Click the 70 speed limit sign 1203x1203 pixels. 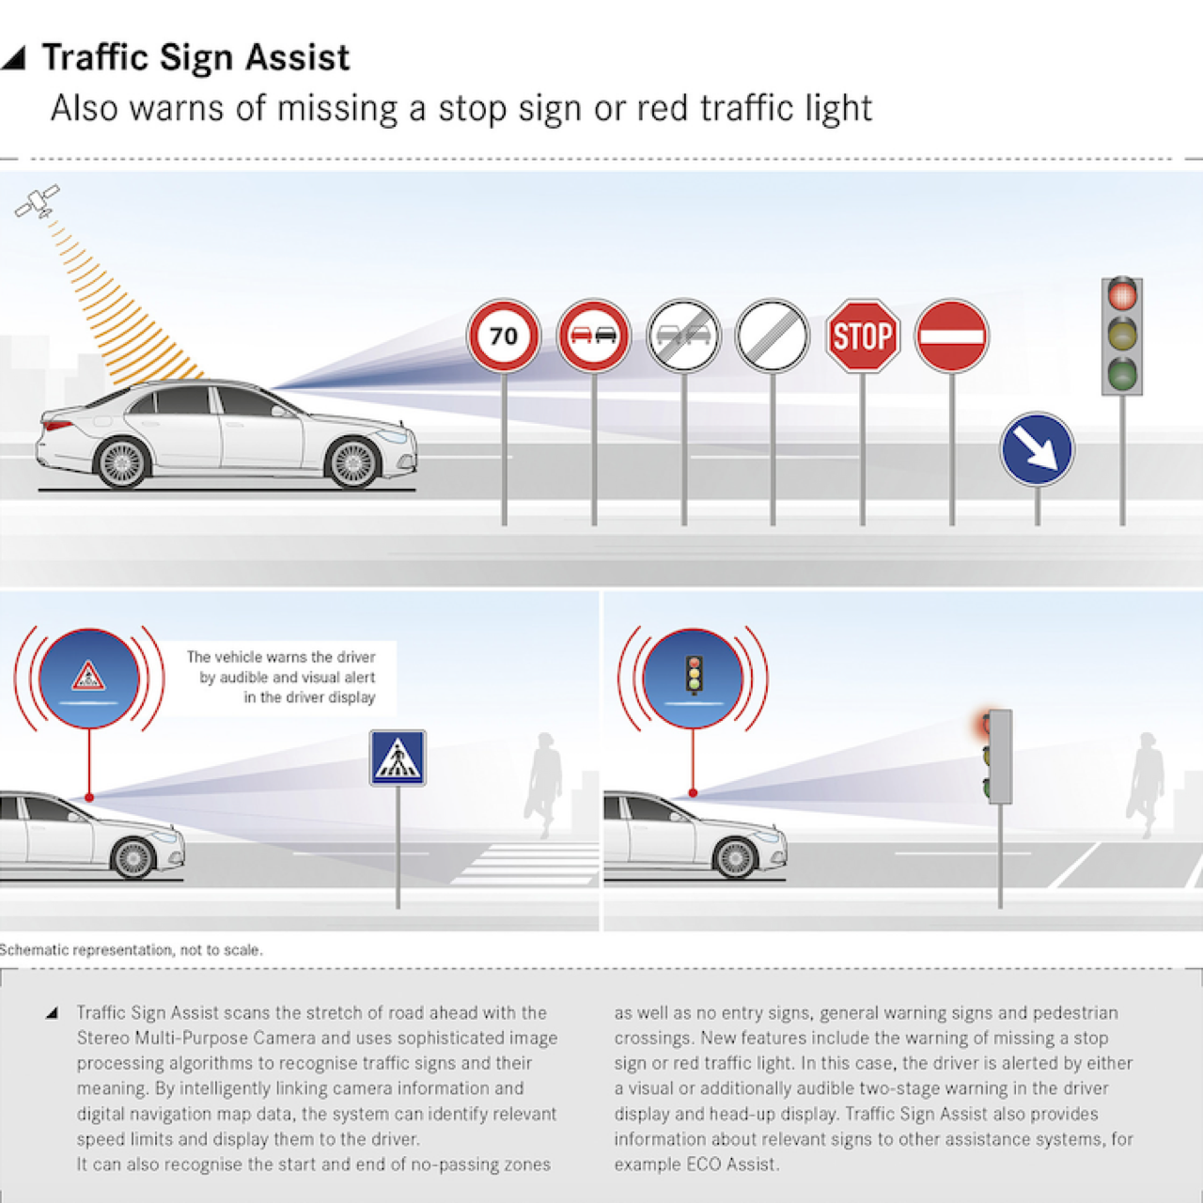click(504, 336)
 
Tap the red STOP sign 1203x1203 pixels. click(862, 336)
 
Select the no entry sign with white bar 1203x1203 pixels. click(951, 336)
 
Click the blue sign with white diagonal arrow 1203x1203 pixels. click(1037, 449)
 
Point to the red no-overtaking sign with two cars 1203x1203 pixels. click(594, 336)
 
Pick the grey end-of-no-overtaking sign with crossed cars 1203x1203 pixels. click(683, 336)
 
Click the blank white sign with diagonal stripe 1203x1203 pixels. click(773, 336)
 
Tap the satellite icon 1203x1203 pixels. click(38, 201)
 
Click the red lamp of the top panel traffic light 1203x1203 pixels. click(1122, 295)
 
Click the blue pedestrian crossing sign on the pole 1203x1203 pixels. click(398, 758)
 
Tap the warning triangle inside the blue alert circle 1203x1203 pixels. click(88, 676)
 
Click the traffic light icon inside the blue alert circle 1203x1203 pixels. click(694, 675)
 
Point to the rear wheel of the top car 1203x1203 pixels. click(122, 462)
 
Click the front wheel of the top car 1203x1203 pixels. click(352, 462)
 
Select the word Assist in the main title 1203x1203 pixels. click(297, 57)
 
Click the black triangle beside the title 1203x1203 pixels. click(14, 58)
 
